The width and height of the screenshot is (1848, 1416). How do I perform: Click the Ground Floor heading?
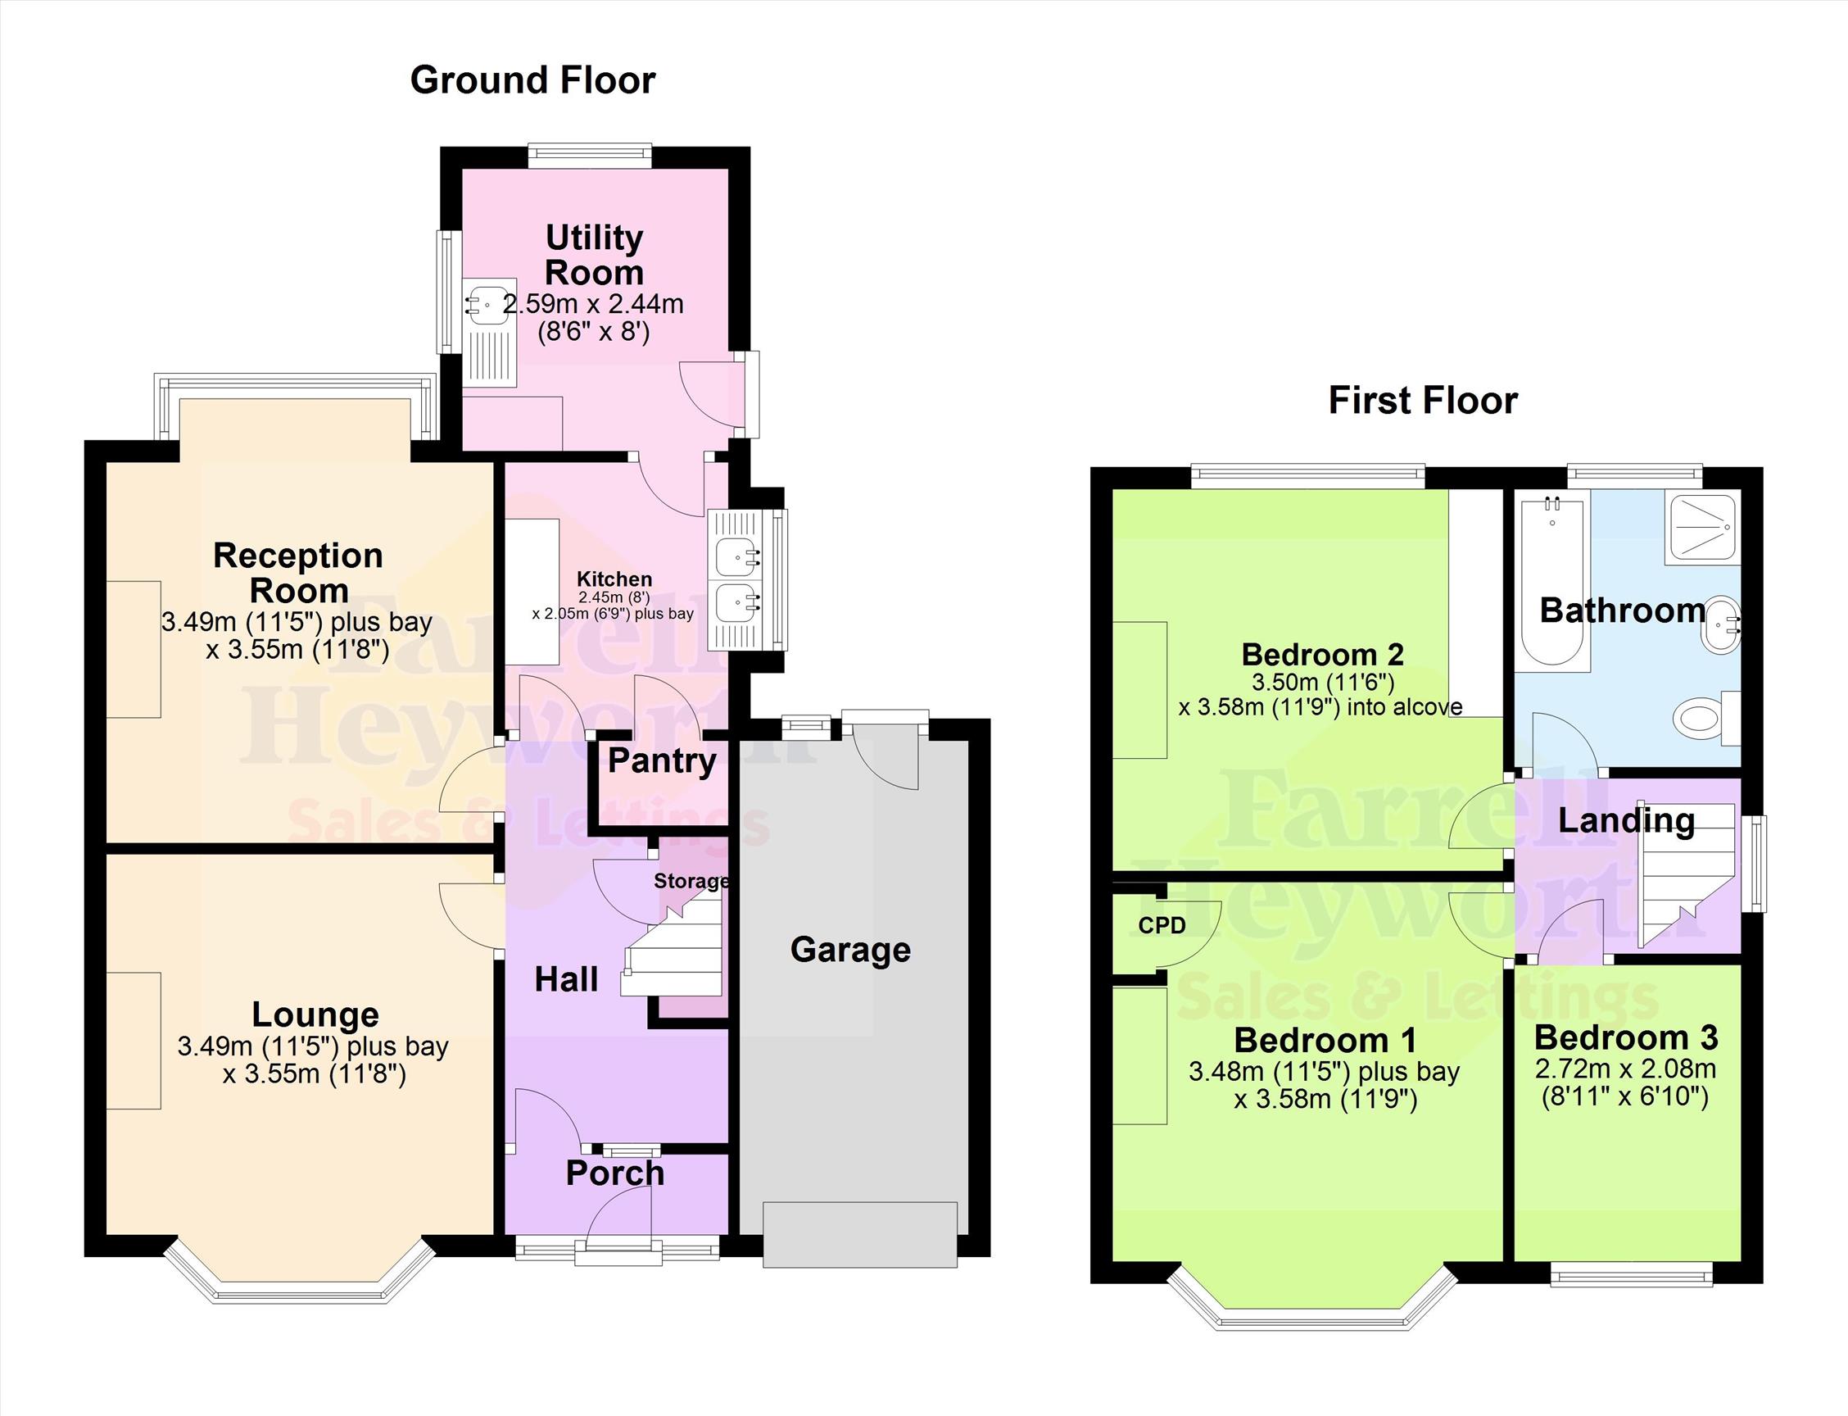[x=532, y=81]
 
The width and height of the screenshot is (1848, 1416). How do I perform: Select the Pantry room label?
[x=663, y=762]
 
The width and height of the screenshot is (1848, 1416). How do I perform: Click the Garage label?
[x=850, y=950]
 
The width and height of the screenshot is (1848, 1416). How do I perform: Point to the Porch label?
[x=615, y=1173]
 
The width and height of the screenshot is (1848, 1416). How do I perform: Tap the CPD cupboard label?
[x=1162, y=925]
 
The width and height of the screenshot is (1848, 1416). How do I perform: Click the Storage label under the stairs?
[x=692, y=881]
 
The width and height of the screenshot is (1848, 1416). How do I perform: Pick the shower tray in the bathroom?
[x=1702, y=529]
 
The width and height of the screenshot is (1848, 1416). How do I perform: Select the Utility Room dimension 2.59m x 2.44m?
[x=593, y=304]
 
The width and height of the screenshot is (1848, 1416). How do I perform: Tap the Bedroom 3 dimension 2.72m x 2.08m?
[x=1625, y=1069]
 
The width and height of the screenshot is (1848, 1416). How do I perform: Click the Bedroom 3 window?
[x=1632, y=1273]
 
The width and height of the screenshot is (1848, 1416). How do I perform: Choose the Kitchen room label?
[x=614, y=579]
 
